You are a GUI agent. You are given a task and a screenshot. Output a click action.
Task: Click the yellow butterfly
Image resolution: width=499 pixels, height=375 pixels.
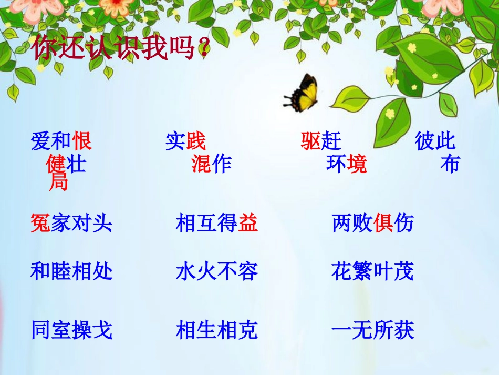pos(304,93)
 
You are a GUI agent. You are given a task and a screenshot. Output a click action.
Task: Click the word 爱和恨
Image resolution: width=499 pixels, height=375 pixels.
pos(61,141)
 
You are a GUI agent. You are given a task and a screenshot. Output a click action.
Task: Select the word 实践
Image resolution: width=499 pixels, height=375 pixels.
pos(185,141)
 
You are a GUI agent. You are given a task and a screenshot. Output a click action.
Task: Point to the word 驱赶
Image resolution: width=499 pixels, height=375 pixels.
pos(321,141)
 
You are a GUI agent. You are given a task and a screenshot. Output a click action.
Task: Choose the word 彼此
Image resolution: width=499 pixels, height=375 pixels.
pos(435,141)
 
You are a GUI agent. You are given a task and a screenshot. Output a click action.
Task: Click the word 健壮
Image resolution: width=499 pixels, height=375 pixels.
pos(66,165)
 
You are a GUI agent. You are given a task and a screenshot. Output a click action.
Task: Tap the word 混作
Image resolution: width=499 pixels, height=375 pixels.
pos(211,165)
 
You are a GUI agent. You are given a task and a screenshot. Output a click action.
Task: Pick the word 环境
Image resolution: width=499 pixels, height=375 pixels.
pos(346,165)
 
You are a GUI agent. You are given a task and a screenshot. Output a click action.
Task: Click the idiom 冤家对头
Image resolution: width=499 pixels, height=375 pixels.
pos(71,224)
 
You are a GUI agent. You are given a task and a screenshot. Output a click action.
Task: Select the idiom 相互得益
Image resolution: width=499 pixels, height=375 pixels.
pos(217,224)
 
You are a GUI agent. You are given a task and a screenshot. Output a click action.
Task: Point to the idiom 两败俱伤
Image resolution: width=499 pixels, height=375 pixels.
pos(373,224)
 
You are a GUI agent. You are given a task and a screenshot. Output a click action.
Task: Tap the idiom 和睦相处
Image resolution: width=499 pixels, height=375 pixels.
pos(71,271)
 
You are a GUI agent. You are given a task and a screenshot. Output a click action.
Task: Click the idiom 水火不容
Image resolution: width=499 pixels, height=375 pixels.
pos(217,271)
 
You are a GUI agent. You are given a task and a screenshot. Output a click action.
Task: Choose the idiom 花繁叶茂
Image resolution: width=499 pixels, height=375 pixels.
pos(373,271)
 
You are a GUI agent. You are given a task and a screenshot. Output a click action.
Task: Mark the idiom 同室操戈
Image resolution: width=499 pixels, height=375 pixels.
pos(71,330)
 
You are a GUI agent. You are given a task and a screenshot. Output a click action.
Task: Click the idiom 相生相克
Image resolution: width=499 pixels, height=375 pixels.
pos(217,330)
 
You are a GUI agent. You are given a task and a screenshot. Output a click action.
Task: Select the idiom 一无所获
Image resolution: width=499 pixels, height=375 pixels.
pos(373,330)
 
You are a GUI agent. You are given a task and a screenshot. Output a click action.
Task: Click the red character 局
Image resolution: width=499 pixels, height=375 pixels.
pos(58,183)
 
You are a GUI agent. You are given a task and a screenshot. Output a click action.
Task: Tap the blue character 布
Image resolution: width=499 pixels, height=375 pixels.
pos(450,165)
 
